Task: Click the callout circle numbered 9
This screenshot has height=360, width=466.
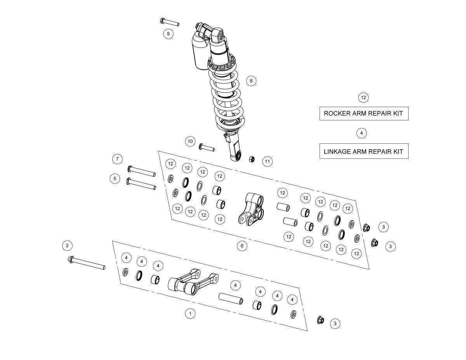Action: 168,34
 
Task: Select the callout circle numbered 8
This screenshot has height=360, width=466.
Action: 251,81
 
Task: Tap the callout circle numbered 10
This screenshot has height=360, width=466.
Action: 190,141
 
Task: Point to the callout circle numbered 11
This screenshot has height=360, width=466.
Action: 268,162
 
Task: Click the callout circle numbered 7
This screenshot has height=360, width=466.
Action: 117,159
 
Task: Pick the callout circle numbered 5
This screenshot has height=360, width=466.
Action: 115,178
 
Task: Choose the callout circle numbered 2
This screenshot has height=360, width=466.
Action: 67,245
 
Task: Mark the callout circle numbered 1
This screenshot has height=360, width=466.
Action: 190,313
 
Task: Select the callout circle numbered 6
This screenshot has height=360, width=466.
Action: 242,246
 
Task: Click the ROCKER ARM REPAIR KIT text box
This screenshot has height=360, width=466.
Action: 364,113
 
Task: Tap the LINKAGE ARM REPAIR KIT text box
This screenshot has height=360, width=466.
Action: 364,151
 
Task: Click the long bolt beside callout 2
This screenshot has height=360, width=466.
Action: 87,263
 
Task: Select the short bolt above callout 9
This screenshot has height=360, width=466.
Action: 169,22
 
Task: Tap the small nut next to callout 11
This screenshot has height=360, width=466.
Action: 252,159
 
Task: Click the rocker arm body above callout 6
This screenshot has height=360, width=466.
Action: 251,209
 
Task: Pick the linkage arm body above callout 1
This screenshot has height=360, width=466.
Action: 193,282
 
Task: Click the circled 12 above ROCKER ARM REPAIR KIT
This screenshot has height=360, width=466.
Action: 363,97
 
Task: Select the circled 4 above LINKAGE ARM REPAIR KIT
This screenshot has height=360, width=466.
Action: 362,133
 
